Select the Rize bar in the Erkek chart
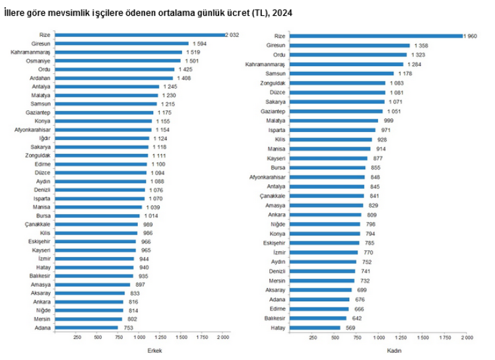140,34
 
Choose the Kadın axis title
395,350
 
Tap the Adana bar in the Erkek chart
87,327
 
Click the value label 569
350,328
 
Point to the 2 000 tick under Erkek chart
222,338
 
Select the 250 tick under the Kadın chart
313,338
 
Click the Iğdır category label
45,138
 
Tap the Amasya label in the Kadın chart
275,205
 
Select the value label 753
129,327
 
